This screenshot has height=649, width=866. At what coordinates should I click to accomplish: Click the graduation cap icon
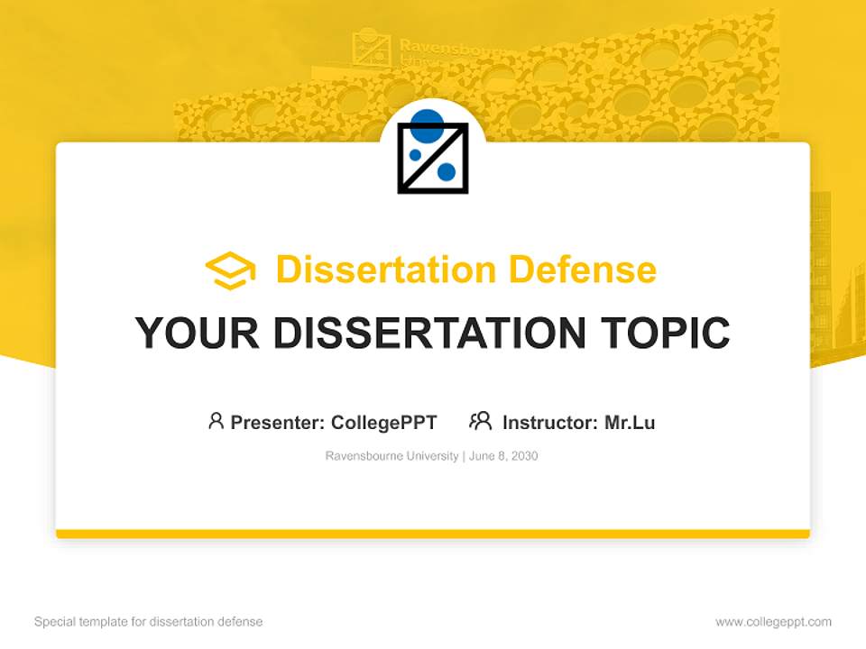coord(230,270)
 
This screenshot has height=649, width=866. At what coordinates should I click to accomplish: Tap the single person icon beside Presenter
coord(216,421)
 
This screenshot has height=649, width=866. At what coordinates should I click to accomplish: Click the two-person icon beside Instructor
coord(480,421)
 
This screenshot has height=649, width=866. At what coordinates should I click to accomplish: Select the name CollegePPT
coord(384,423)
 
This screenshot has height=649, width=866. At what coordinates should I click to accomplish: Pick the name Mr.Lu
coord(630,423)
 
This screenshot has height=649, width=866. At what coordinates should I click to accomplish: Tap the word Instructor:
coord(549,423)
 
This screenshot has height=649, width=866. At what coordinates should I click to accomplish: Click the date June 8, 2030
coord(503,456)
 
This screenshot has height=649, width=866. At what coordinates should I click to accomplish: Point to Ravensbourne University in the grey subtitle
coord(392,456)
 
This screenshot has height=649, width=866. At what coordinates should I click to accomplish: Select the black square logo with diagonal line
coord(433,159)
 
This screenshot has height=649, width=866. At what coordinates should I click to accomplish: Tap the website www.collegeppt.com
coord(773,622)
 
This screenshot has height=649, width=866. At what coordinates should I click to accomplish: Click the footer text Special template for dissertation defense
coord(149,622)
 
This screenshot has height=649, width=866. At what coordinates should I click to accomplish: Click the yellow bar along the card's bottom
coord(433,534)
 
